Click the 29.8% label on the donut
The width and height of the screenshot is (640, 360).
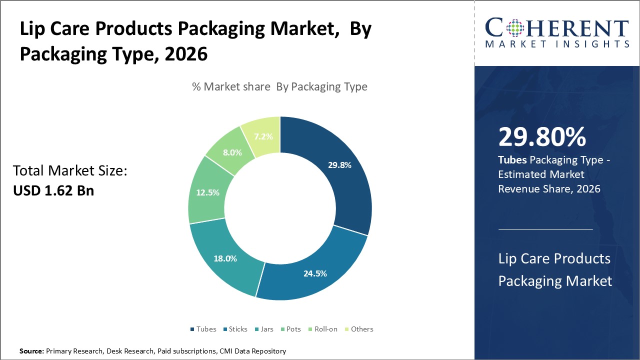[x=339, y=165]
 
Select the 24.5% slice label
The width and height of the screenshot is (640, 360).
[x=315, y=273]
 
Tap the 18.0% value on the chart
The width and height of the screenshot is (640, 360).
[x=225, y=258]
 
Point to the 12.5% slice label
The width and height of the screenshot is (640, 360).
[x=207, y=192]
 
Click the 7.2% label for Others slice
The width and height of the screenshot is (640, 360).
[x=263, y=136]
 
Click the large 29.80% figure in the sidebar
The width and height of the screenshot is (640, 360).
[x=542, y=137]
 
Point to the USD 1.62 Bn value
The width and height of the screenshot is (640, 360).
[x=53, y=190]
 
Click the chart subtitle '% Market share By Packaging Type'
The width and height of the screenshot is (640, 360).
[x=279, y=86]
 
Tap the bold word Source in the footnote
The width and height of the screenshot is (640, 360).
[x=31, y=351]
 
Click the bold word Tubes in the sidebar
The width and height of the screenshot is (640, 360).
[x=512, y=160]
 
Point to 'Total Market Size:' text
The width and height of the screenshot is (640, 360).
[x=70, y=171]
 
